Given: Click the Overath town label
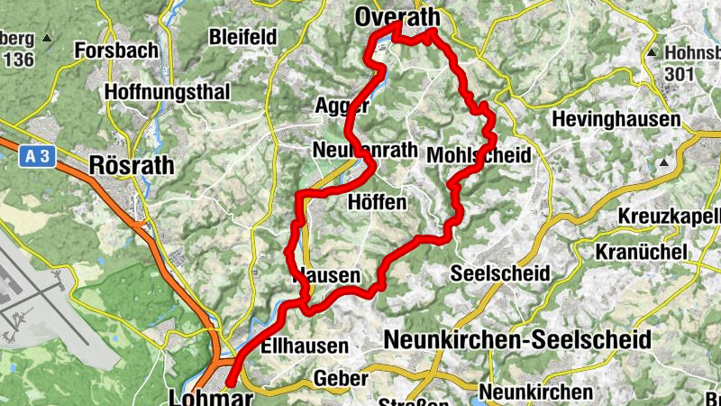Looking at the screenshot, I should (397, 17).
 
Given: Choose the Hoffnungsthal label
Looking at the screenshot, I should (168, 91).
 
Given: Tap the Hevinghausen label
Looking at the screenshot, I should (616, 118).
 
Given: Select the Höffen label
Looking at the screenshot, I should (377, 202).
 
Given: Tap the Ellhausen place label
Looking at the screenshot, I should (303, 346).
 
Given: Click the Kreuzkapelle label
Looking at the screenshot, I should (671, 217).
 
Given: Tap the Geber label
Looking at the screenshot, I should (341, 378).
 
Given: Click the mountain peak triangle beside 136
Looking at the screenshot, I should (46, 39).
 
